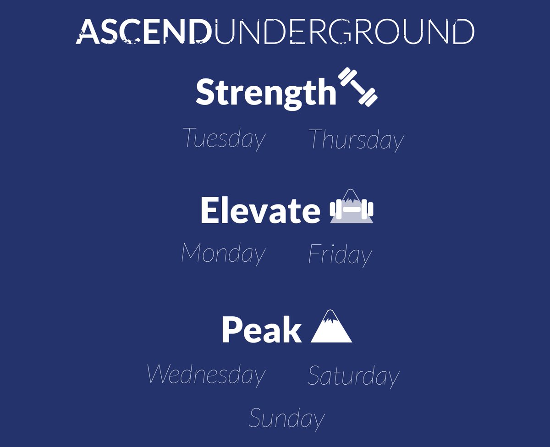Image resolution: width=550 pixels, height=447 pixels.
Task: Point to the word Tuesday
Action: [x=224, y=138]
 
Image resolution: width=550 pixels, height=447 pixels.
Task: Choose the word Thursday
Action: [x=356, y=139]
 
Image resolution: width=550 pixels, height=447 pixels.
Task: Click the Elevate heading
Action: [x=260, y=211]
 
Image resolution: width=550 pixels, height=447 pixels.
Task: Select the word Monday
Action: [x=223, y=253]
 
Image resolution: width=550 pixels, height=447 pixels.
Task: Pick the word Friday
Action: [x=340, y=255]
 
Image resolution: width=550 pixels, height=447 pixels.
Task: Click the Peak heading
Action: [x=261, y=329]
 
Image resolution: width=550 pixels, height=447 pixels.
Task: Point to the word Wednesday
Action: [x=206, y=375]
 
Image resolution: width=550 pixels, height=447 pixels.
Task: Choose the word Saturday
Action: [x=353, y=376]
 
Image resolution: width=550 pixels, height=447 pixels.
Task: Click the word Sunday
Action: [x=286, y=419]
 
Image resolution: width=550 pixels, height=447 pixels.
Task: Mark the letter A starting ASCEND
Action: [x=87, y=32]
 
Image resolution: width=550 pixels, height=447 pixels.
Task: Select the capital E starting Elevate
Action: [x=209, y=211]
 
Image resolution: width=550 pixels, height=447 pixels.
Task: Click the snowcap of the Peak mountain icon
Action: [x=329, y=317]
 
